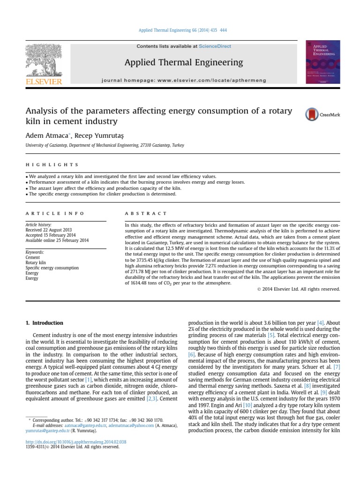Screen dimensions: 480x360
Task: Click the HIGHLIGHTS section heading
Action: coord(52,165)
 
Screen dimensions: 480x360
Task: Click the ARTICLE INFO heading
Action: coord(55,213)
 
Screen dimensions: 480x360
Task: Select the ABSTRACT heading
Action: coord(145,213)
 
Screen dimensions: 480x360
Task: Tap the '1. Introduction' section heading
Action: coord(44,323)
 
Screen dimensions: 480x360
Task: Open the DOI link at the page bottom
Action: coord(76,442)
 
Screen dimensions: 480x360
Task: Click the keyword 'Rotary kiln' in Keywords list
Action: coord(35,262)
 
